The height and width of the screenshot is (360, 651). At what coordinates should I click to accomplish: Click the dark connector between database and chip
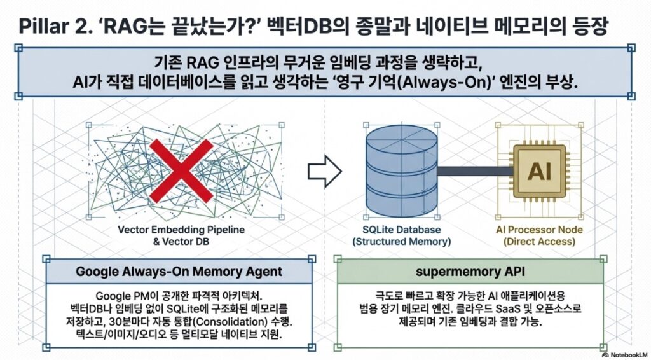[x=465, y=170]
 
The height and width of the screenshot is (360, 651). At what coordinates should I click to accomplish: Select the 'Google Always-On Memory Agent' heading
[x=179, y=271]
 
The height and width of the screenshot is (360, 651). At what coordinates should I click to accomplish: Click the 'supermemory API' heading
[x=470, y=271]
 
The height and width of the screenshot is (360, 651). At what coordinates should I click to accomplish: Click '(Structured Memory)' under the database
[x=402, y=242]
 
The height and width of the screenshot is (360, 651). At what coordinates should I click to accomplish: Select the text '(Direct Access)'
[x=538, y=242]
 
